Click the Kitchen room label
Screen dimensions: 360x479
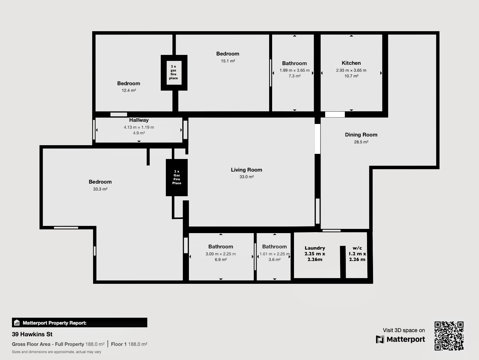tap(351, 63)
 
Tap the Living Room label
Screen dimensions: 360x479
tap(246, 170)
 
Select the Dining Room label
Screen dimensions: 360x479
tap(361, 135)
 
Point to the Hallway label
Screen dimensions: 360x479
tap(139, 120)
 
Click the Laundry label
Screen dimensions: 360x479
tap(315, 248)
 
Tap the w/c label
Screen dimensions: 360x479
tap(357, 248)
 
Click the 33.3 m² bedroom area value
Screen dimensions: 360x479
tap(100, 189)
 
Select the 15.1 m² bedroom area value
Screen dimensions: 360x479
tap(228, 61)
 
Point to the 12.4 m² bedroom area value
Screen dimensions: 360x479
tap(129, 90)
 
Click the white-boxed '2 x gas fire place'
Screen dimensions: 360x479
tap(174, 72)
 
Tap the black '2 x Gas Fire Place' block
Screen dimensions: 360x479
tap(177, 178)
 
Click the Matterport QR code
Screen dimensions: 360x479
tap(449, 336)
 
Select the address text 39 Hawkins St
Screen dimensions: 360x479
tap(32, 334)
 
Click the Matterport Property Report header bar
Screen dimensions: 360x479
tap(80, 323)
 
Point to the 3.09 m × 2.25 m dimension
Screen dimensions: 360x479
tap(221, 254)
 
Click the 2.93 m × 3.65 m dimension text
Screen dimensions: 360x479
tap(351, 70)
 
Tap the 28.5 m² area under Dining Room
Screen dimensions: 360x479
tap(361, 142)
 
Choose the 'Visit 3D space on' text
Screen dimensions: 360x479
tap(404, 330)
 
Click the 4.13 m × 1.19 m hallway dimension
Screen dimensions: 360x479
tap(139, 127)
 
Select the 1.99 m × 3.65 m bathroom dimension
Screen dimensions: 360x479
tap(295, 70)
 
